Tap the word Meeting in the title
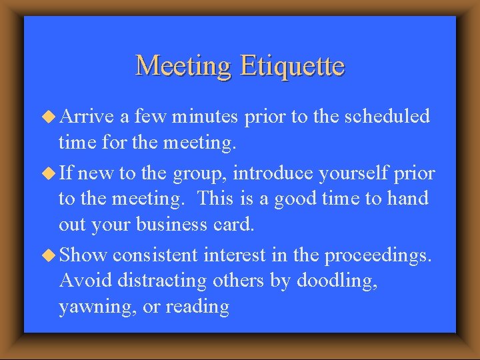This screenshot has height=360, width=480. (x=183, y=66)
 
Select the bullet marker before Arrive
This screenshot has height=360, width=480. (x=49, y=117)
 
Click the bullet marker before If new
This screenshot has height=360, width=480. (x=49, y=175)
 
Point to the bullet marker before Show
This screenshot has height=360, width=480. (x=49, y=256)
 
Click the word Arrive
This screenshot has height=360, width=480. (x=87, y=117)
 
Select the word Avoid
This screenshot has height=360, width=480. (x=85, y=281)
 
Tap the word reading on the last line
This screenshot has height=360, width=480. (x=197, y=307)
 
